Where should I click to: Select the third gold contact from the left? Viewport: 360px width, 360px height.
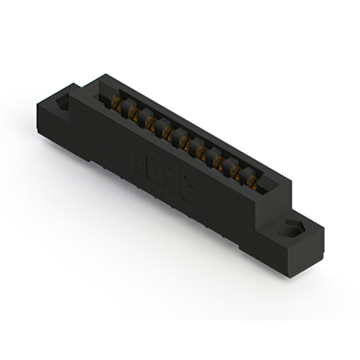tap(149, 122)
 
